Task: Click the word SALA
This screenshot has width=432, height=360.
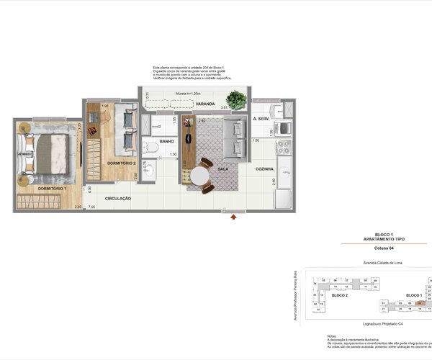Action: click(222, 168)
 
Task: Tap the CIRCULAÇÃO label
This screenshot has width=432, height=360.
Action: click(117, 197)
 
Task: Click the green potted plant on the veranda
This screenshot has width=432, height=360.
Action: click(235, 99)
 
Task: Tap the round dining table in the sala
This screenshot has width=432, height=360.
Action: click(199, 176)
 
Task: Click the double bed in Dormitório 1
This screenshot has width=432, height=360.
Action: click(49, 153)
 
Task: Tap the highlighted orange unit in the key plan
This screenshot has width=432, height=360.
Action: click(420, 303)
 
